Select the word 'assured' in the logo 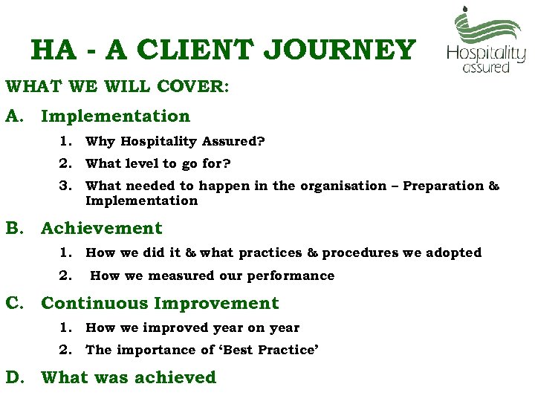[486, 68]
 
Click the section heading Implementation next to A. [115, 116]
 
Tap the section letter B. [14, 228]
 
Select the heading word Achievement [101, 228]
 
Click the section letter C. [14, 303]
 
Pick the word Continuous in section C [95, 303]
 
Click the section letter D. [14, 377]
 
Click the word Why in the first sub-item [100, 141]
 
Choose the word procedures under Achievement [360, 252]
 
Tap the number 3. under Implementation [66, 186]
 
